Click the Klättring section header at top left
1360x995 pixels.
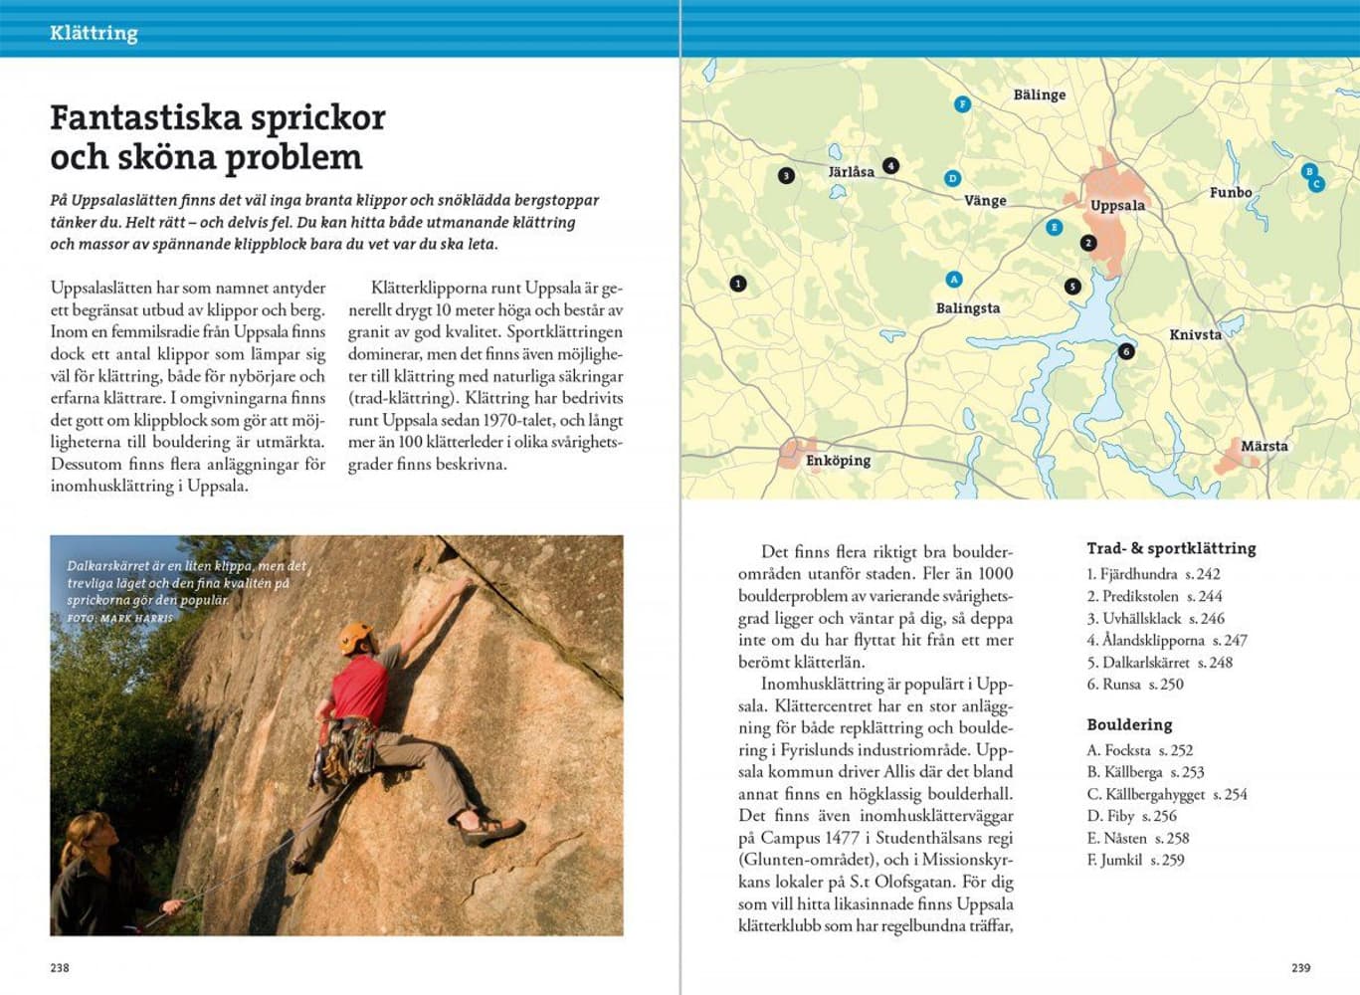point(94,33)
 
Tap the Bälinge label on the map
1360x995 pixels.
point(1039,95)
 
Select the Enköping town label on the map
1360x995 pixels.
point(838,460)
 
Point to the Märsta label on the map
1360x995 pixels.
point(1263,446)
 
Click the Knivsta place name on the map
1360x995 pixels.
point(1195,334)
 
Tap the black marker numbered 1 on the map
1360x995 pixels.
point(737,284)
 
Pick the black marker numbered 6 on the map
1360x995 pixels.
point(1126,351)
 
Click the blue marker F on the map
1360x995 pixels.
point(962,103)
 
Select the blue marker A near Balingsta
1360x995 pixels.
point(954,280)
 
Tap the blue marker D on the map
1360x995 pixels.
point(952,178)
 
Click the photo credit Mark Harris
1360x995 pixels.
point(120,618)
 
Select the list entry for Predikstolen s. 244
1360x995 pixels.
point(1154,596)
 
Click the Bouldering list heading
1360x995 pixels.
point(1129,724)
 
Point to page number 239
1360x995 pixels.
point(1300,967)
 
